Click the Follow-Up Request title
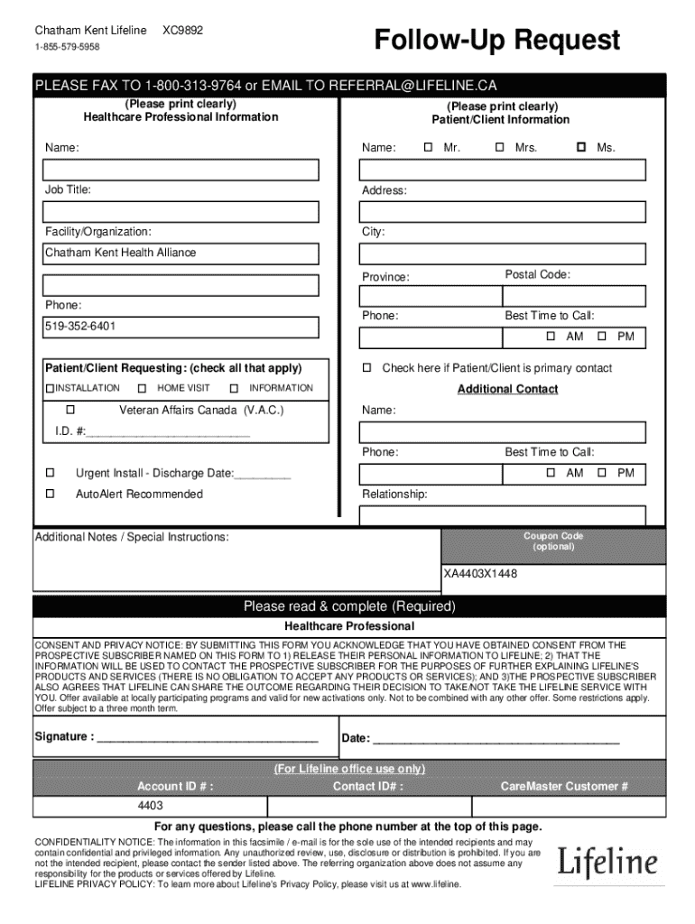(x=497, y=41)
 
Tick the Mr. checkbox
(x=428, y=147)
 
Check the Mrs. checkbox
(x=499, y=147)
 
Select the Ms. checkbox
(x=581, y=147)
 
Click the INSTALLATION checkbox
(x=51, y=389)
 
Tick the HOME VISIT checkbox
(x=142, y=389)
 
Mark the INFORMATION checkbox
(x=234, y=389)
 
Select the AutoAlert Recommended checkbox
(x=51, y=494)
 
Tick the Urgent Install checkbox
(x=51, y=473)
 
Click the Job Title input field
(x=181, y=212)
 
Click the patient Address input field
(x=502, y=212)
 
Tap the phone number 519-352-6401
(x=81, y=326)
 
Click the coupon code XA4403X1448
(x=480, y=574)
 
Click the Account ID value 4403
(x=150, y=805)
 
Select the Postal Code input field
(x=574, y=296)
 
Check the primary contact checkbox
(x=367, y=368)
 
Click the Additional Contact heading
(x=507, y=389)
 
